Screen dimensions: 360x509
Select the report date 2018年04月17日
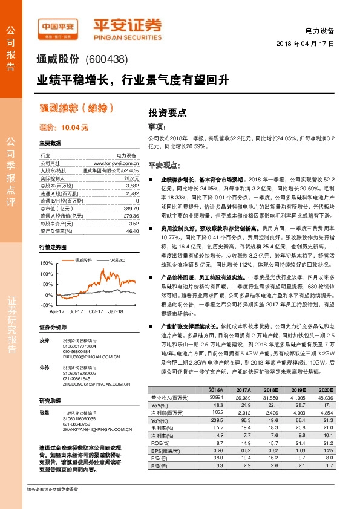[306, 44]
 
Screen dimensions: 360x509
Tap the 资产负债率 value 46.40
[133, 230]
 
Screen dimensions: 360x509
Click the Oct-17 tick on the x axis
[96, 311]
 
